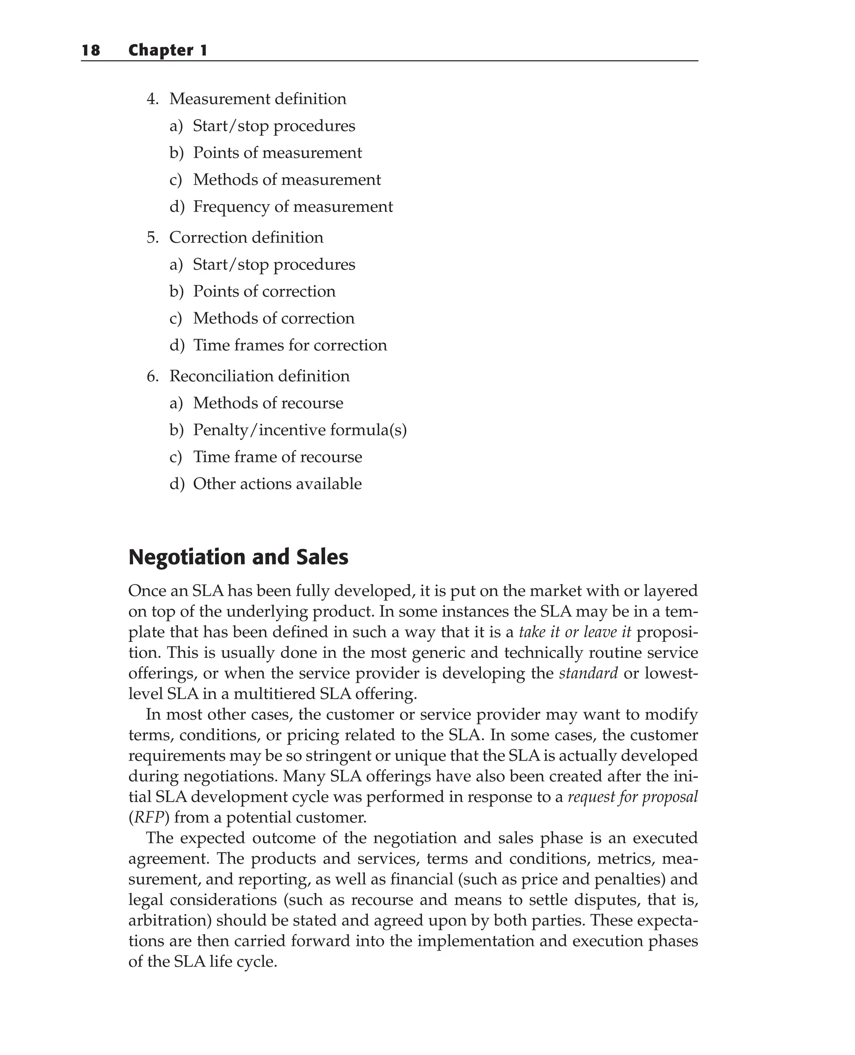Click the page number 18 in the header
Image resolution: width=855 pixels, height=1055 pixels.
pyautogui.click(x=91, y=50)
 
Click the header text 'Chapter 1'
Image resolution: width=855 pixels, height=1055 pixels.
pyautogui.click(x=167, y=50)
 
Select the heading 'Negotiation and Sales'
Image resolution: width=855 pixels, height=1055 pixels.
pyautogui.click(x=238, y=557)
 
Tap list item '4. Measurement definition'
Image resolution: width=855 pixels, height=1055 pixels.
pyautogui.click(x=246, y=99)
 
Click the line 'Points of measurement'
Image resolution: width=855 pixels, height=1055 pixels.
pyautogui.click(x=277, y=153)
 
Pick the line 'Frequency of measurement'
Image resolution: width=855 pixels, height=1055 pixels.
pyautogui.click(x=293, y=206)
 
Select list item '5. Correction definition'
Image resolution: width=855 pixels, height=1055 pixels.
pyautogui.click(x=235, y=238)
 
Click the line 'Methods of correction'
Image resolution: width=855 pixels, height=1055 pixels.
pyautogui.click(x=273, y=318)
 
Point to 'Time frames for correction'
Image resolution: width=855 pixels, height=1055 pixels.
pyautogui.click(x=290, y=345)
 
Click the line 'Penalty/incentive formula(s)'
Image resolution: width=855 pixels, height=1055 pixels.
pyautogui.click(x=299, y=430)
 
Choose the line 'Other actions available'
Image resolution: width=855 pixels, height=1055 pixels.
pyautogui.click(x=277, y=484)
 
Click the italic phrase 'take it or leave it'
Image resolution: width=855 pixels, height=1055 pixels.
pyautogui.click(x=575, y=632)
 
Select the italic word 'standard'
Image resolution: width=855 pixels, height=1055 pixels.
pyautogui.click(x=588, y=674)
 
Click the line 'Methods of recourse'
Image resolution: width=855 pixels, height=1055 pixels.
pyautogui.click(x=268, y=403)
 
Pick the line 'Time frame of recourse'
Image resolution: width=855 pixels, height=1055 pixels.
pyautogui.click(x=277, y=457)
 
